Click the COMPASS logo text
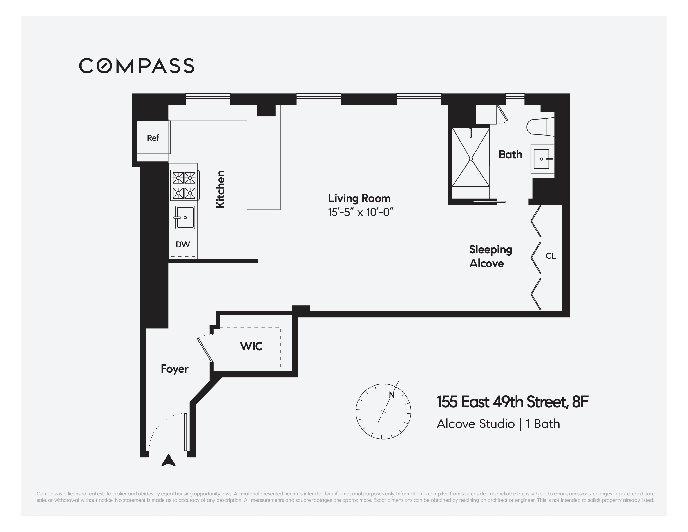point(136,66)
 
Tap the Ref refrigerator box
point(153,138)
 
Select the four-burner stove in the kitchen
point(184,186)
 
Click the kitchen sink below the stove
point(185,217)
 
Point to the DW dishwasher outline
point(183,245)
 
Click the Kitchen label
point(220,189)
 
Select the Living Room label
point(359,198)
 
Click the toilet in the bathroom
point(540,126)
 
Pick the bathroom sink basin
point(542,159)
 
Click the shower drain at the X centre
point(471,159)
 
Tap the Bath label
point(510,154)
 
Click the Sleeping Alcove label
point(490,256)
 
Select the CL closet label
point(550,256)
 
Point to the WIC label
point(251,346)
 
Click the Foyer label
point(174,369)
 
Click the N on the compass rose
point(392,395)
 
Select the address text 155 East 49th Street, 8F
point(512,402)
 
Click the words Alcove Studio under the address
point(475,424)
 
